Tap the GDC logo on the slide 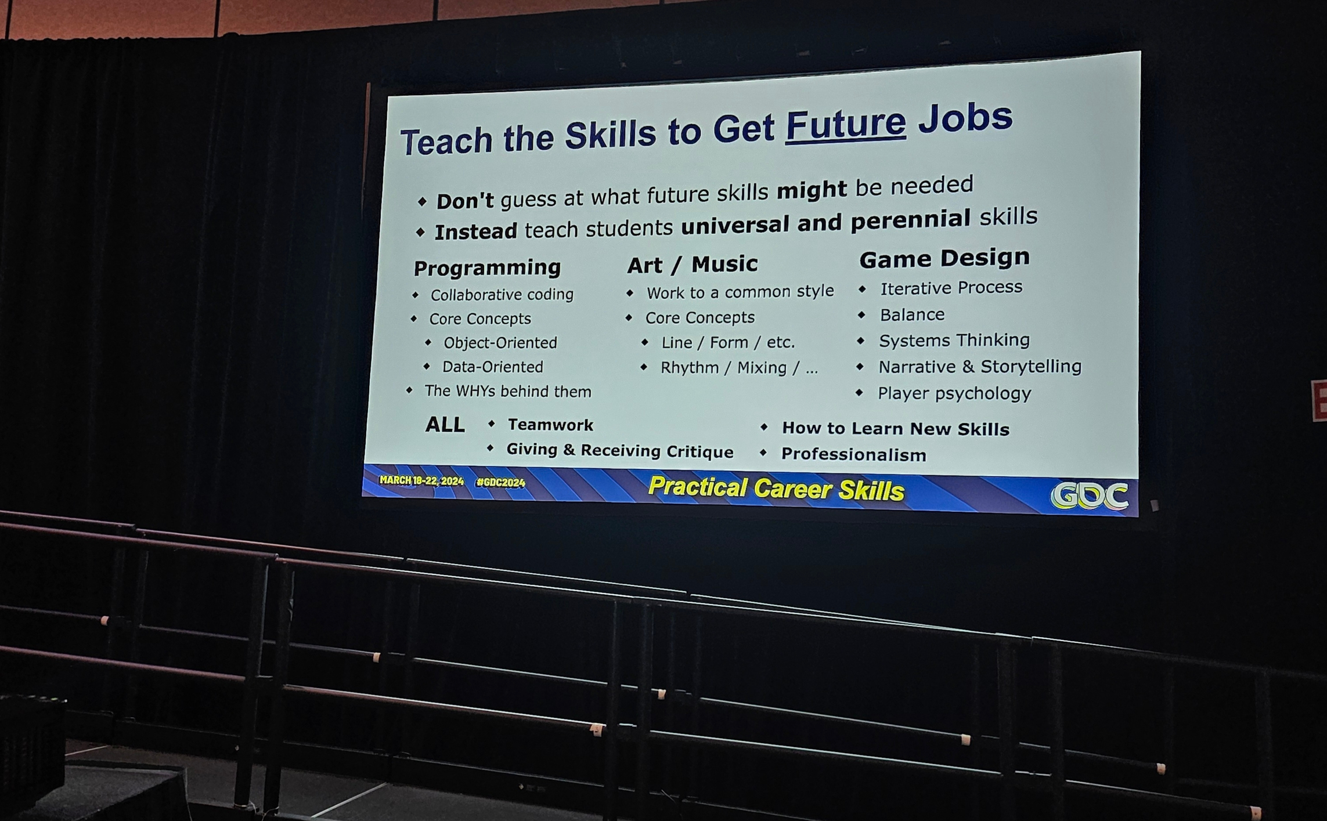point(1090,496)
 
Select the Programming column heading point(487,268)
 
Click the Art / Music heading point(693,265)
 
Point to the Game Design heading point(944,258)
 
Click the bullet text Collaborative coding point(502,295)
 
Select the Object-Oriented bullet point(500,343)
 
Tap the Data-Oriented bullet point(492,367)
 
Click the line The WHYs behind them point(508,391)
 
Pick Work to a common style point(740,291)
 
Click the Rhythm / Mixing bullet point(739,368)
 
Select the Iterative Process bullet point(951,288)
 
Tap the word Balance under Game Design point(912,314)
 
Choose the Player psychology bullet point(954,393)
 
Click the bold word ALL point(445,425)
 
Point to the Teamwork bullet point(550,425)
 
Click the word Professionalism point(853,454)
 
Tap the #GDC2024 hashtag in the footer point(500,482)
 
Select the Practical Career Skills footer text point(776,489)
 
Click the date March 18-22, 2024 point(421,480)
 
